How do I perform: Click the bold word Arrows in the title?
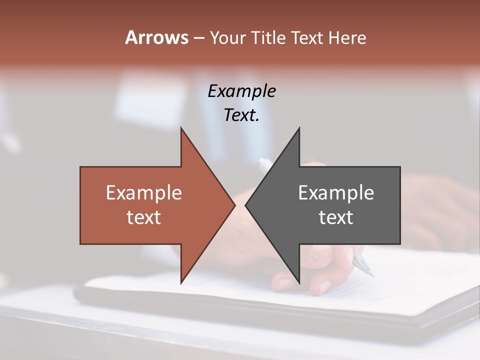click(156, 37)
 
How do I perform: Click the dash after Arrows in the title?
click(198, 38)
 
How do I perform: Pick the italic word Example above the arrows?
click(241, 91)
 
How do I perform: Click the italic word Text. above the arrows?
click(241, 115)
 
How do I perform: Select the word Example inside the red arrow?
click(143, 192)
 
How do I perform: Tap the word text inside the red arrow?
click(143, 217)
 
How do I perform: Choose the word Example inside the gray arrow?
click(336, 192)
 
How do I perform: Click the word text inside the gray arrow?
click(336, 217)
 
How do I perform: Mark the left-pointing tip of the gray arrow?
click(246, 205)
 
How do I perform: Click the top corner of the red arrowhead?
click(181, 129)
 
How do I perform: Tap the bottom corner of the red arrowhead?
click(181, 282)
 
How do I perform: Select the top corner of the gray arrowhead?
click(299, 129)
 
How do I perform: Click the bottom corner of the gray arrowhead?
click(299, 282)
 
